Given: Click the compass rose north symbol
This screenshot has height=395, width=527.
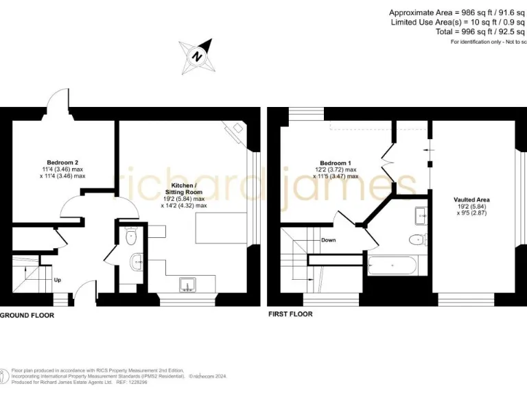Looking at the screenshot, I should click(x=197, y=56).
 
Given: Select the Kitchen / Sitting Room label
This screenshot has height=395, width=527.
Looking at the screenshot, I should click(x=183, y=189).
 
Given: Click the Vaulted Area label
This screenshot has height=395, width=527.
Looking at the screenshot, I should click(x=471, y=200).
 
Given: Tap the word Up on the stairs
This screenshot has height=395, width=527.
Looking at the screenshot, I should click(x=58, y=280).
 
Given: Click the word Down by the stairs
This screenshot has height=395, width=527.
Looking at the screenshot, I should click(x=328, y=240).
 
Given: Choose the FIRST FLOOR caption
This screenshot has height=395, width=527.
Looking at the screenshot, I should click(x=290, y=314).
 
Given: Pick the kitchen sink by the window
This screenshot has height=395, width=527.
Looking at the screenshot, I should click(x=187, y=284).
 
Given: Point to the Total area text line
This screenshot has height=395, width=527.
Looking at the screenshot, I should click(x=480, y=32).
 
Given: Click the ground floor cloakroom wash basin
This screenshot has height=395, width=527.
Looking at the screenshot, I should click(x=137, y=261).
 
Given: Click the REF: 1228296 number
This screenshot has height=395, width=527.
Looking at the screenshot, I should click(x=139, y=383).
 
